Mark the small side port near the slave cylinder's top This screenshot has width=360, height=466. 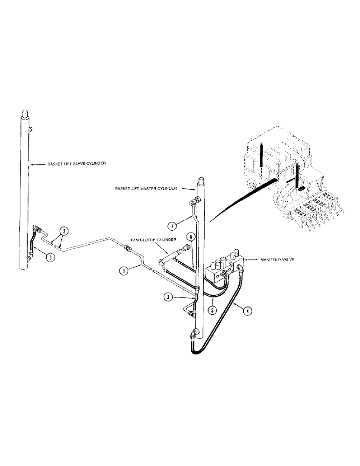coord(31,129)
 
